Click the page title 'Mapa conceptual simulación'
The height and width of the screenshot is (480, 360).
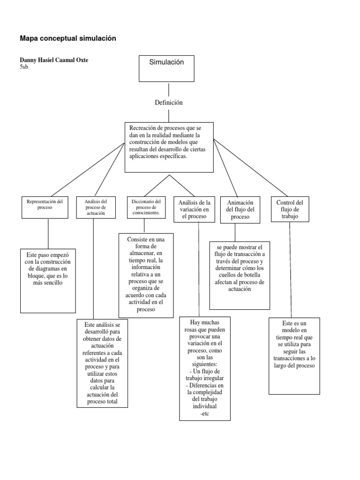[x=67, y=38]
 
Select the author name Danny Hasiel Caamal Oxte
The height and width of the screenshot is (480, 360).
[x=53, y=60]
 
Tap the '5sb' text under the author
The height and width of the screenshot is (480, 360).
[x=23, y=67]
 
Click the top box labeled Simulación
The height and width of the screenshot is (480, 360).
[x=166, y=68]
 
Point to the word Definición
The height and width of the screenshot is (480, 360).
[x=168, y=102]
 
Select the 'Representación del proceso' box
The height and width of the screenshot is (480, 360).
[x=48, y=207]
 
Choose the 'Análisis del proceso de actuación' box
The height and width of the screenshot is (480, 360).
[x=95, y=207]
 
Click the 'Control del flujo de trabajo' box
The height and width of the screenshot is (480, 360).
[x=290, y=209]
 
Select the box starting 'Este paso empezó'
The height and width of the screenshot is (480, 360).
[x=48, y=280]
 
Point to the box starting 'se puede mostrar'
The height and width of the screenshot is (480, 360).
[x=240, y=275]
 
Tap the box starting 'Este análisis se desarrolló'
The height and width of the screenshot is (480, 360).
[x=102, y=363]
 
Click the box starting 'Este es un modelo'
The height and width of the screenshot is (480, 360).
[x=294, y=356]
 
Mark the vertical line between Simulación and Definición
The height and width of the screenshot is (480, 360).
[x=168, y=89]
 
